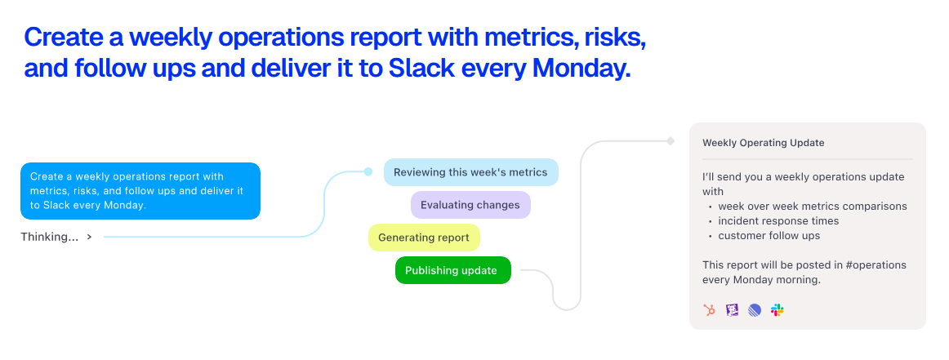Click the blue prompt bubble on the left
click(140, 190)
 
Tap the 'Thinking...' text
click(50, 238)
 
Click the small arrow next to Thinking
click(90, 238)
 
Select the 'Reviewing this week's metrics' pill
click(471, 172)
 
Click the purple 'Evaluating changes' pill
click(470, 205)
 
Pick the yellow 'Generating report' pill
click(424, 238)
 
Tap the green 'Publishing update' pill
click(452, 270)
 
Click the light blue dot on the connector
click(368, 171)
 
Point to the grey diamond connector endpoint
click(671, 141)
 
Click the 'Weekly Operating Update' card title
click(763, 143)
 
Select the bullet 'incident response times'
click(778, 221)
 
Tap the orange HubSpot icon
click(710, 310)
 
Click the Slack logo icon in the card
click(777, 310)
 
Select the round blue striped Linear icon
click(754, 310)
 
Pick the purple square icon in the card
click(733, 310)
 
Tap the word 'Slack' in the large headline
click(421, 68)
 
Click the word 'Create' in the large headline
click(63, 37)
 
